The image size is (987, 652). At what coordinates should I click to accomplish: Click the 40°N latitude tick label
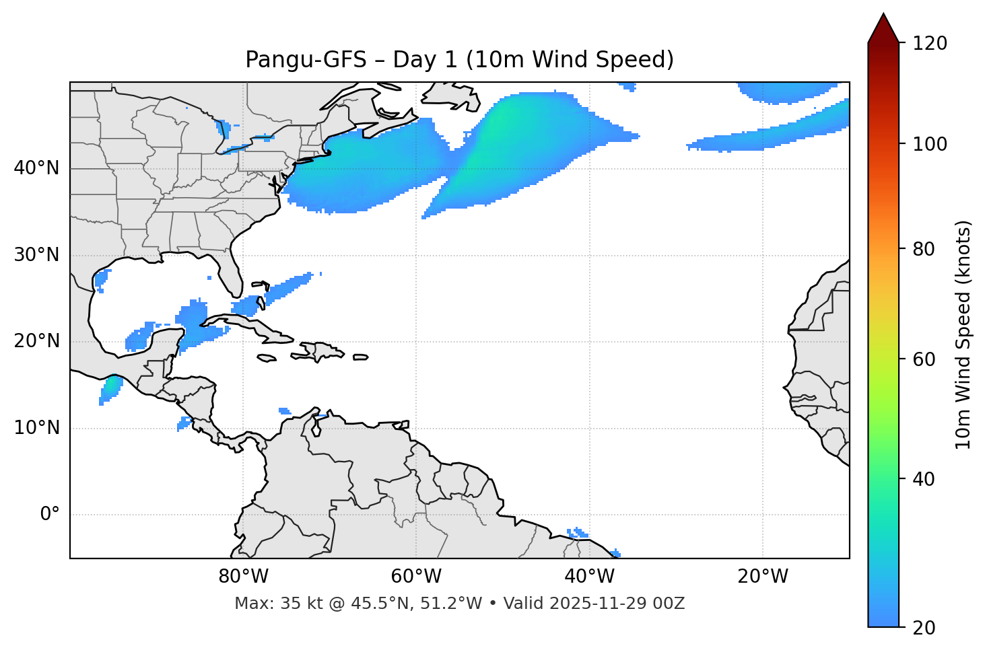point(36,168)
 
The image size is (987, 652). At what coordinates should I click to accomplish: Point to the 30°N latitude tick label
point(36,255)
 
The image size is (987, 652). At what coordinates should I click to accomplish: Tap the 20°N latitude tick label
point(36,341)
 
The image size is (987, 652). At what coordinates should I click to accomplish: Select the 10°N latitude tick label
point(36,428)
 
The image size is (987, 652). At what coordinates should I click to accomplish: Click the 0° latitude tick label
point(50,515)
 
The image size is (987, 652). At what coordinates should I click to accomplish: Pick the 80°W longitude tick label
point(243,577)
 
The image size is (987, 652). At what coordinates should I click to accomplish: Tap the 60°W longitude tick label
point(416,577)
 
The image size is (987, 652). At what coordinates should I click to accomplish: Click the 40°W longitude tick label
point(590,577)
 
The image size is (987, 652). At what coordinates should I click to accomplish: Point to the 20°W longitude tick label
point(763,577)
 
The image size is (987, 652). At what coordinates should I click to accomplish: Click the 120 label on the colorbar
point(930,44)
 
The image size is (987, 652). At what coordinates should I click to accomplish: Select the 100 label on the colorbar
point(930,144)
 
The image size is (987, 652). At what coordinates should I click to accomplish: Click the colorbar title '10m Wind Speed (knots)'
point(963,334)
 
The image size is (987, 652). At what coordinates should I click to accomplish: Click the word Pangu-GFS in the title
point(306,60)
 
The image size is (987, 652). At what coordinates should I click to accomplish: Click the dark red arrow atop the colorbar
point(883,28)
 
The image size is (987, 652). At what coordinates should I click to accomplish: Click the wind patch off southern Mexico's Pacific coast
point(110,388)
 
